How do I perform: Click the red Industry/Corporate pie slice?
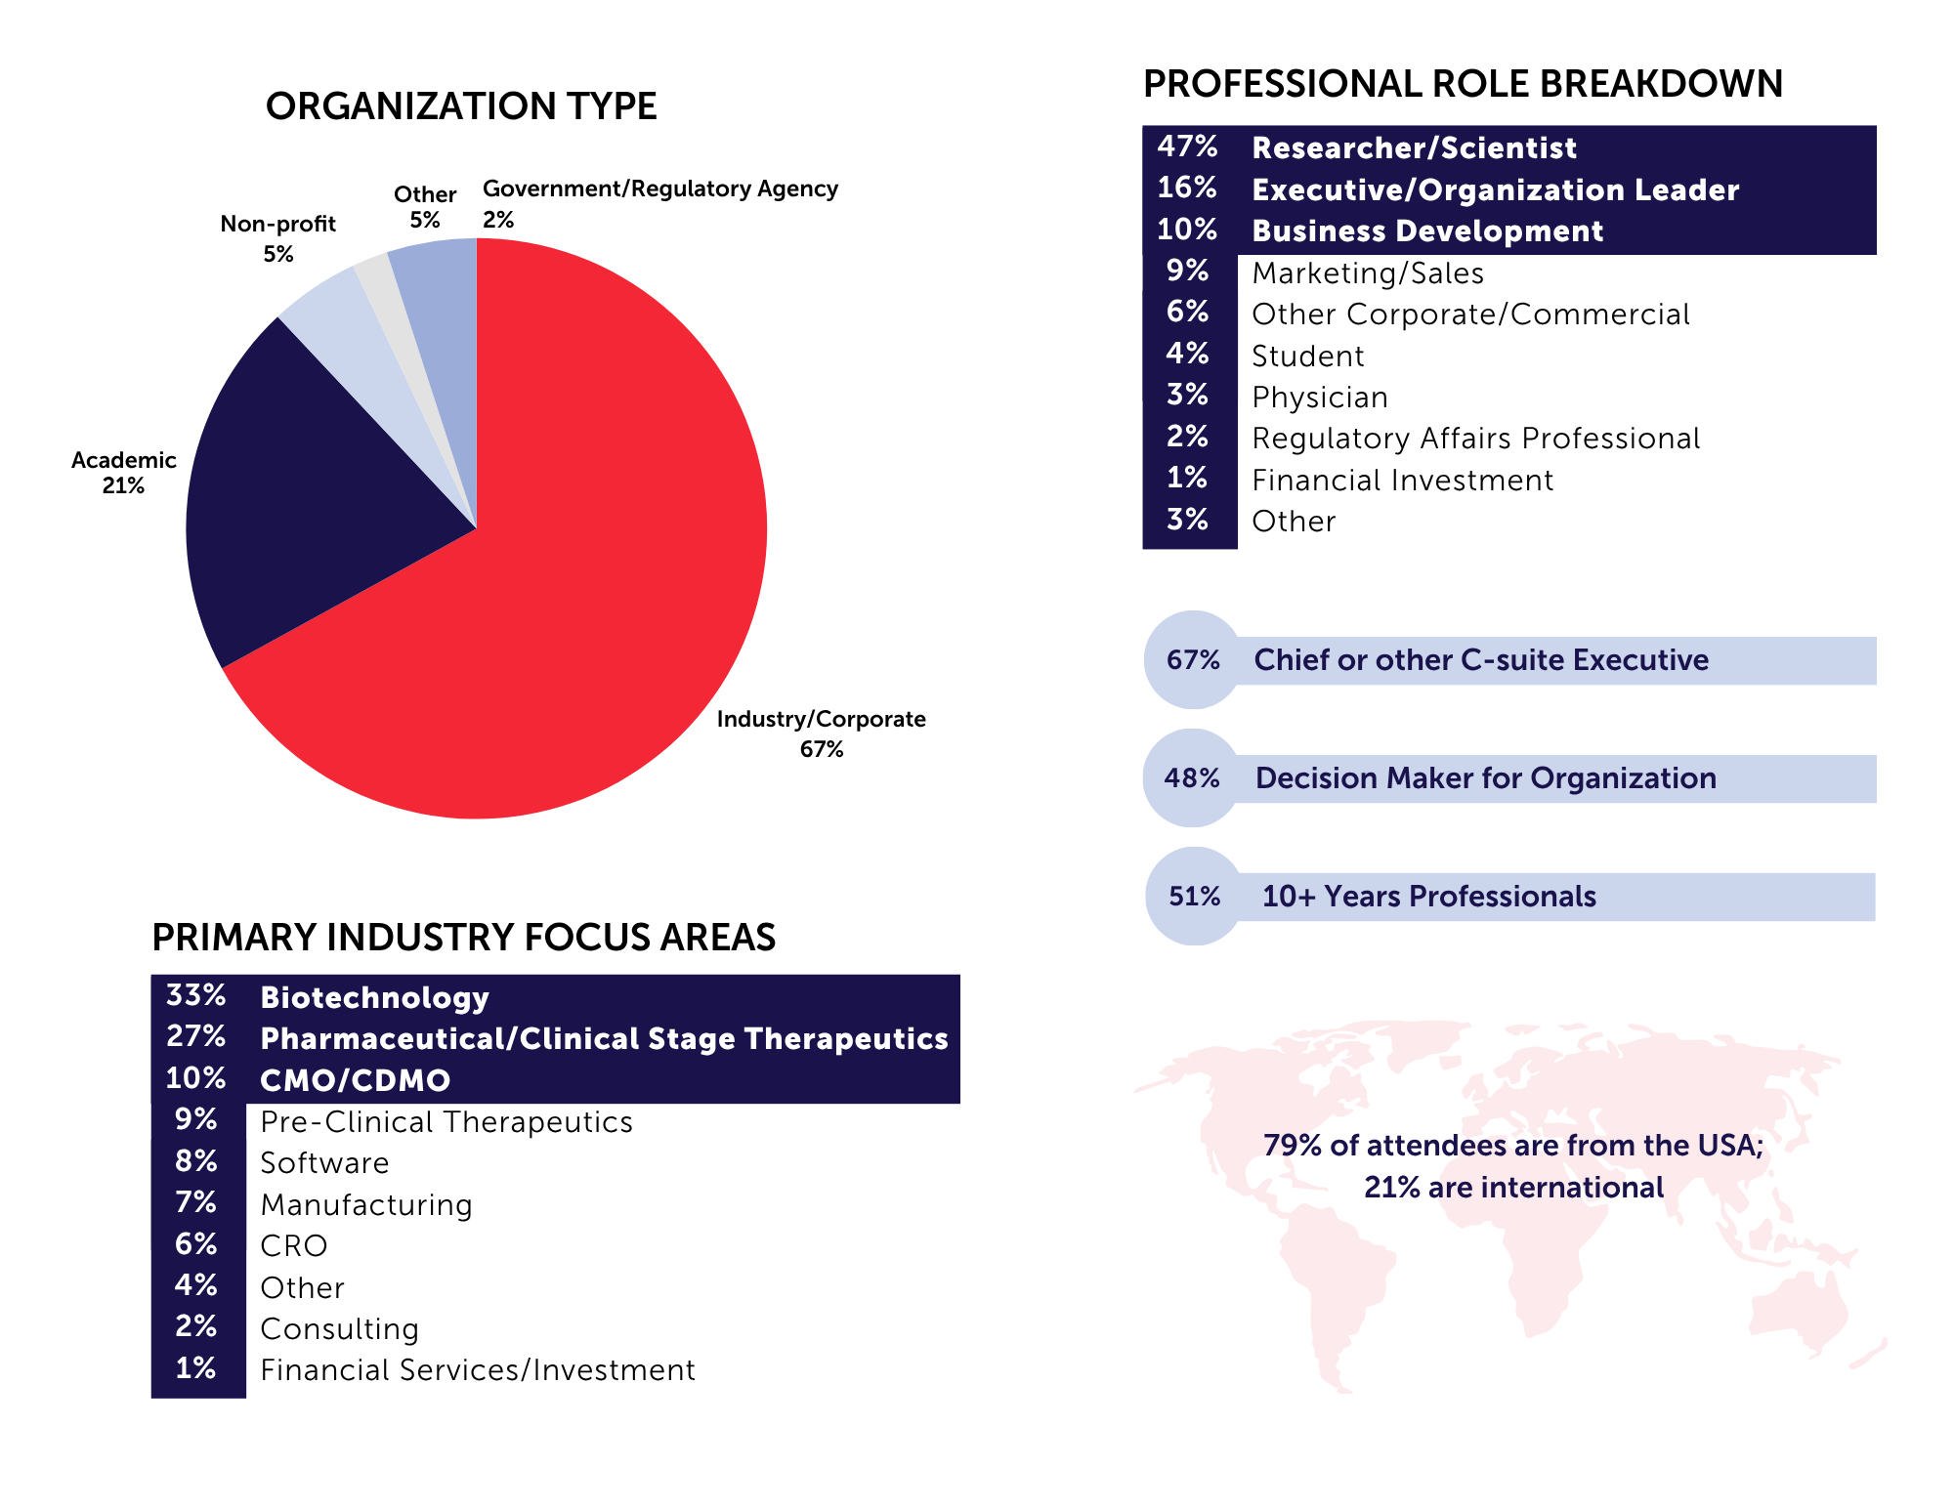[586, 586]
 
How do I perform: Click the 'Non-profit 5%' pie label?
[277, 238]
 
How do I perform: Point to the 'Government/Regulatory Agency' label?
[660, 189]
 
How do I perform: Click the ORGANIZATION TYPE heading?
[461, 106]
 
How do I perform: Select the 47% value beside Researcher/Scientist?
[1187, 147]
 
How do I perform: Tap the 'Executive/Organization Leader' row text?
[1495, 189]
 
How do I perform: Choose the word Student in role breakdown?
[1307, 356]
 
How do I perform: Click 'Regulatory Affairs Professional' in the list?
[1475, 439]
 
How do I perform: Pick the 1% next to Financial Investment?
[1187, 478]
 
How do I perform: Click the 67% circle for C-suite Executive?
[1193, 660]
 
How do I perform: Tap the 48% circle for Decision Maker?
[1192, 778]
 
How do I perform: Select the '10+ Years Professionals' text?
[1428, 897]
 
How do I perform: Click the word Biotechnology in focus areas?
[374, 997]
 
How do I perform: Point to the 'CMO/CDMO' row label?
[356, 1080]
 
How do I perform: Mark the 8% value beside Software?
[196, 1161]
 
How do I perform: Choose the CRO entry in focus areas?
[294, 1246]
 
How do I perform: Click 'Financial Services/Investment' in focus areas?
[478, 1370]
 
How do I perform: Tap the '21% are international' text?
[1513, 1188]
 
